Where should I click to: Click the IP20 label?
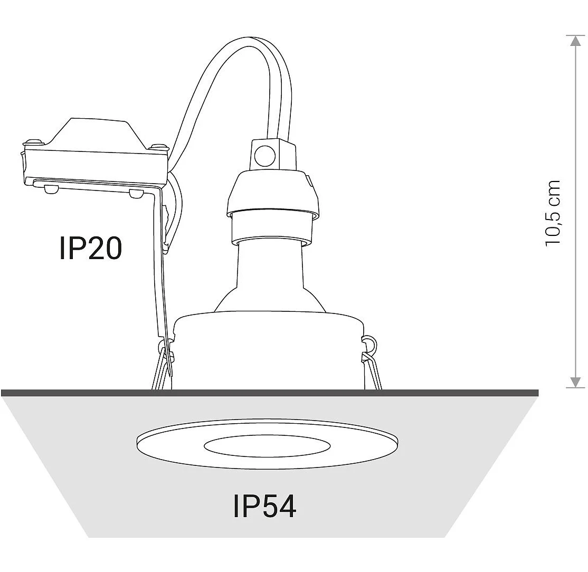(91, 248)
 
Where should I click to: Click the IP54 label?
(265, 507)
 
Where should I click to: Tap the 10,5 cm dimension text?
(553, 213)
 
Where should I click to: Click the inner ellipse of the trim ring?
(267, 446)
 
